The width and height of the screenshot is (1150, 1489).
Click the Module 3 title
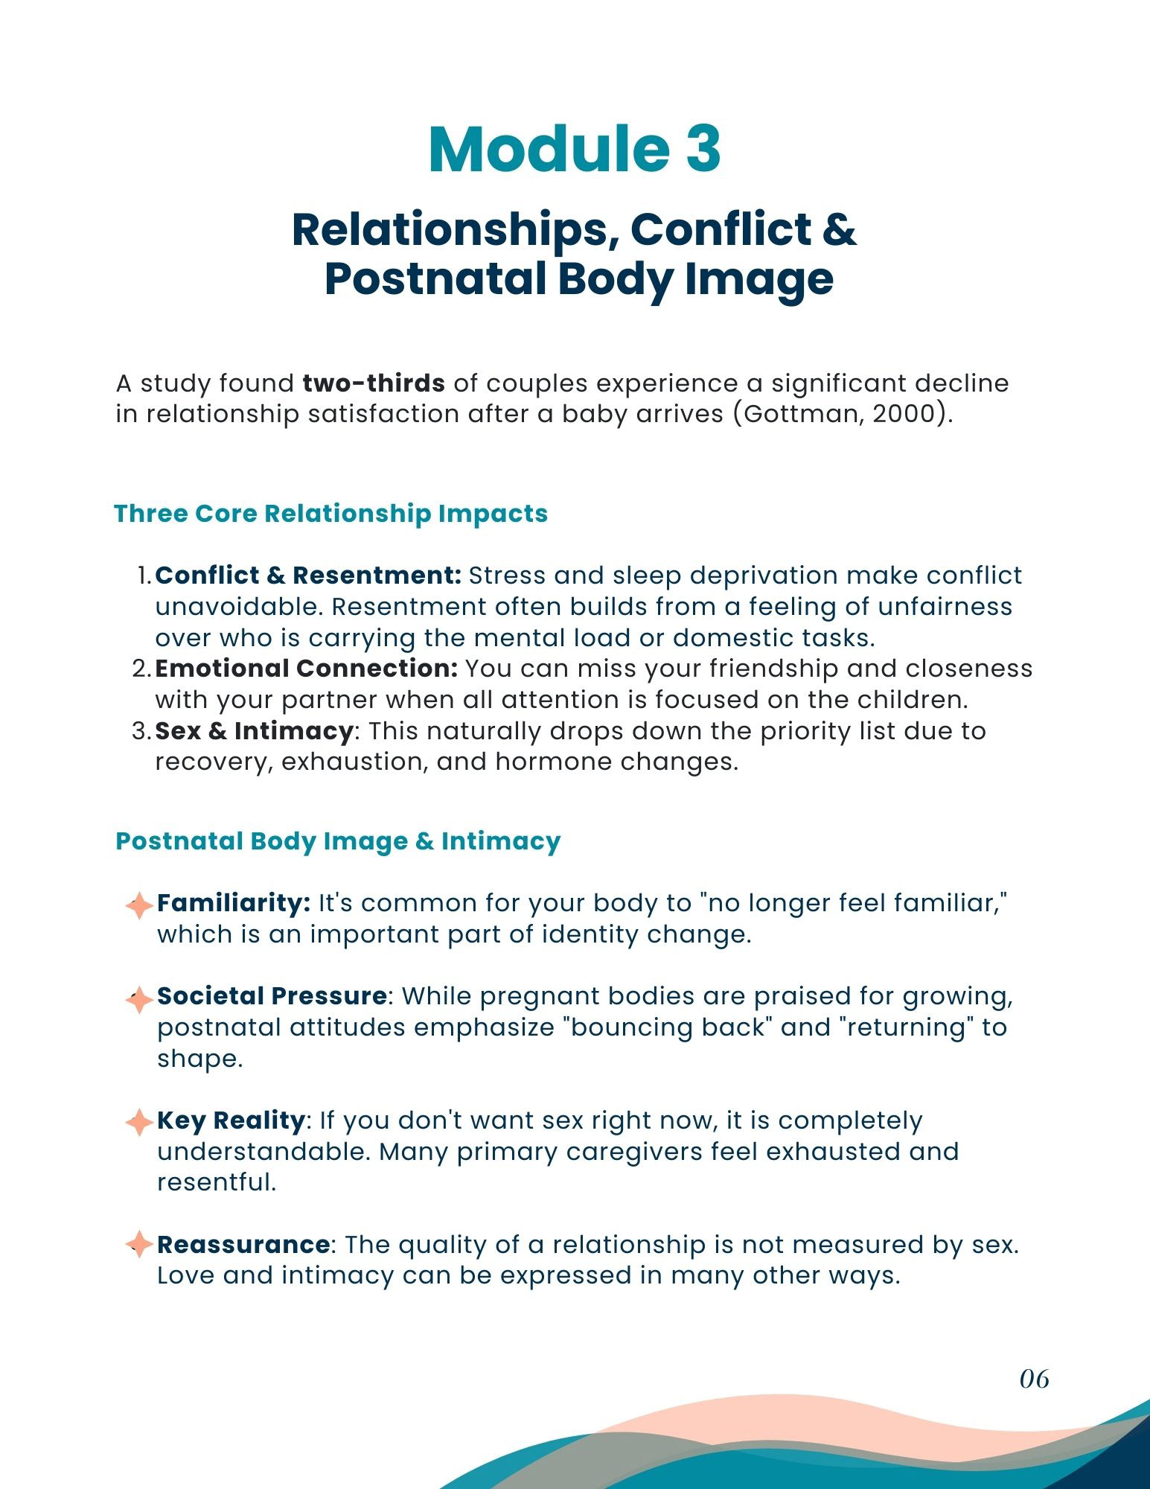(x=575, y=150)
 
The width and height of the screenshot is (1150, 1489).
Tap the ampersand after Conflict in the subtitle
(x=840, y=229)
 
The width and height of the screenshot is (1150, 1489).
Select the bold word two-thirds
(x=374, y=383)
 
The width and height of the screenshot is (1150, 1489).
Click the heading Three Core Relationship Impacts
(x=330, y=514)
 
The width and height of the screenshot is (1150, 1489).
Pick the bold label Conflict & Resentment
(x=309, y=575)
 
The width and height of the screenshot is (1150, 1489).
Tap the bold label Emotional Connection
(x=306, y=669)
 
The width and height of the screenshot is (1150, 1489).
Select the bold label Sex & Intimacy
(x=253, y=731)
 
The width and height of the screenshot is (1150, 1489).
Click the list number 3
(x=141, y=731)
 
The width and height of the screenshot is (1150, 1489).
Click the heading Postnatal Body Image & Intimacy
(x=338, y=841)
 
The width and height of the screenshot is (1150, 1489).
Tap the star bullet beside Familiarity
(x=139, y=906)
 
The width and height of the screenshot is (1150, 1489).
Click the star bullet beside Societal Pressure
(x=139, y=999)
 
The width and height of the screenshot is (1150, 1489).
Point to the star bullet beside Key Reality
(x=139, y=1123)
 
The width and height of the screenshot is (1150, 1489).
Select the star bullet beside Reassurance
(x=139, y=1245)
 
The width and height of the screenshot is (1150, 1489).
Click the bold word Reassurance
(x=243, y=1244)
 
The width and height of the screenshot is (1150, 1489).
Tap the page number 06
(x=1034, y=1379)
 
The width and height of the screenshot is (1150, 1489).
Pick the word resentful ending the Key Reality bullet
(x=216, y=1182)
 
